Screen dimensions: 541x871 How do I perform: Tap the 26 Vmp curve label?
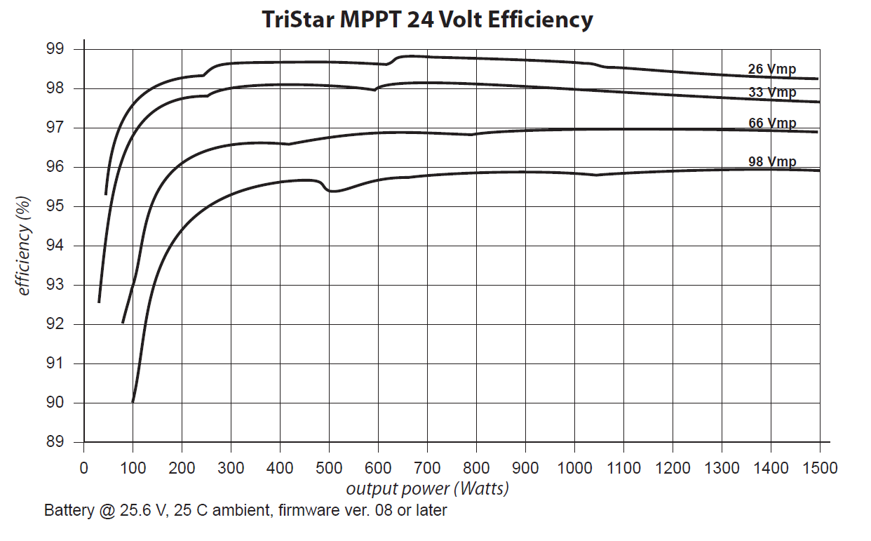coord(771,69)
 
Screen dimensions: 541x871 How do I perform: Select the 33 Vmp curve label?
coord(771,93)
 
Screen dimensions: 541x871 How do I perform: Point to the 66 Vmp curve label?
coord(772,123)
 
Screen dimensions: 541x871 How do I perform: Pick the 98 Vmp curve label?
coord(772,162)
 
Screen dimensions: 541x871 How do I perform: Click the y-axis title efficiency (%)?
coord(25,246)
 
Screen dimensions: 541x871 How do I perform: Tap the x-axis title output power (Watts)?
coord(427,488)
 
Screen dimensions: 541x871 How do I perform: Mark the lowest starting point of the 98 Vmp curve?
coord(133,401)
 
